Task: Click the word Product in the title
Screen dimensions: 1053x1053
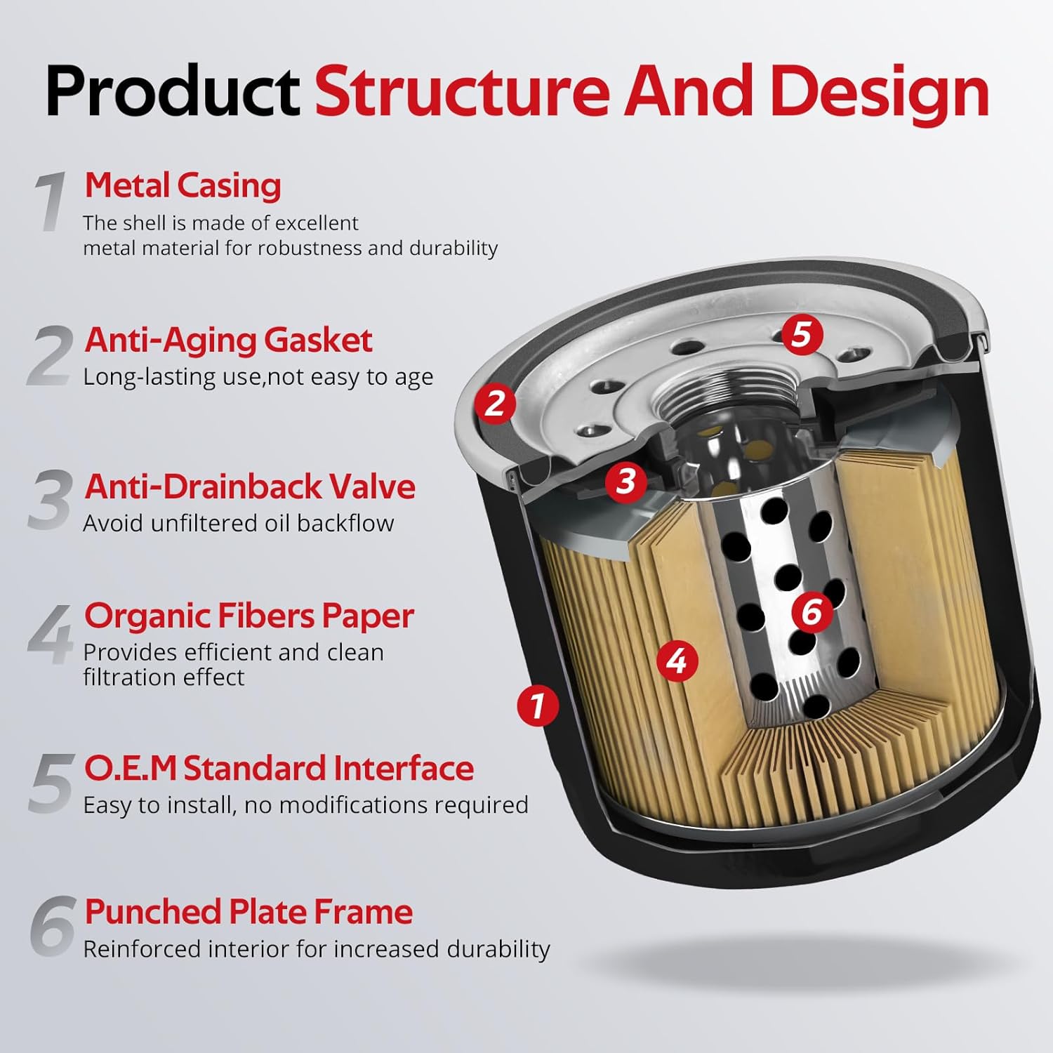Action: click(x=172, y=91)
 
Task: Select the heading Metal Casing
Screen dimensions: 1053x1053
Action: click(x=183, y=185)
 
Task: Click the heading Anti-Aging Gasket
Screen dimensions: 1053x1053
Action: click(x=228, y=340)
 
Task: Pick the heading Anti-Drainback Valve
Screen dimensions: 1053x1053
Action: click(x=250, y=486)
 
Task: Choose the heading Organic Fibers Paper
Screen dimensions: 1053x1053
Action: click(x=249, y=616)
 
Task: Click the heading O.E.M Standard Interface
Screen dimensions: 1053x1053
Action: click(x=279, y=768)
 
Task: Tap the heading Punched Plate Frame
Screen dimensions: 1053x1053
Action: click(x=249, y=912)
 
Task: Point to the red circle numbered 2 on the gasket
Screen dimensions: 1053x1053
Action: click(x=495, y=403)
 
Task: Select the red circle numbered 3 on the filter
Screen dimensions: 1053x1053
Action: click(x=625, y=481)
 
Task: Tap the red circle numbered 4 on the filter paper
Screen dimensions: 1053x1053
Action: click(x=677, y=661)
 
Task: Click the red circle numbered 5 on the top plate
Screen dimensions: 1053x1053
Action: click(x=802, y=333)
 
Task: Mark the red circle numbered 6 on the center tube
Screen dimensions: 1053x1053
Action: click(x=812, y=611)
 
